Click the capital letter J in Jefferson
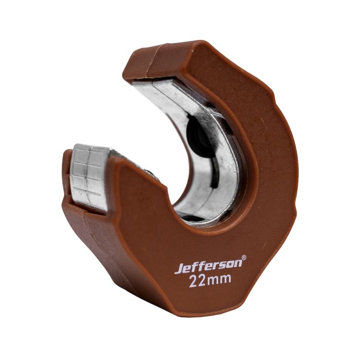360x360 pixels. tap(178, 269)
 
